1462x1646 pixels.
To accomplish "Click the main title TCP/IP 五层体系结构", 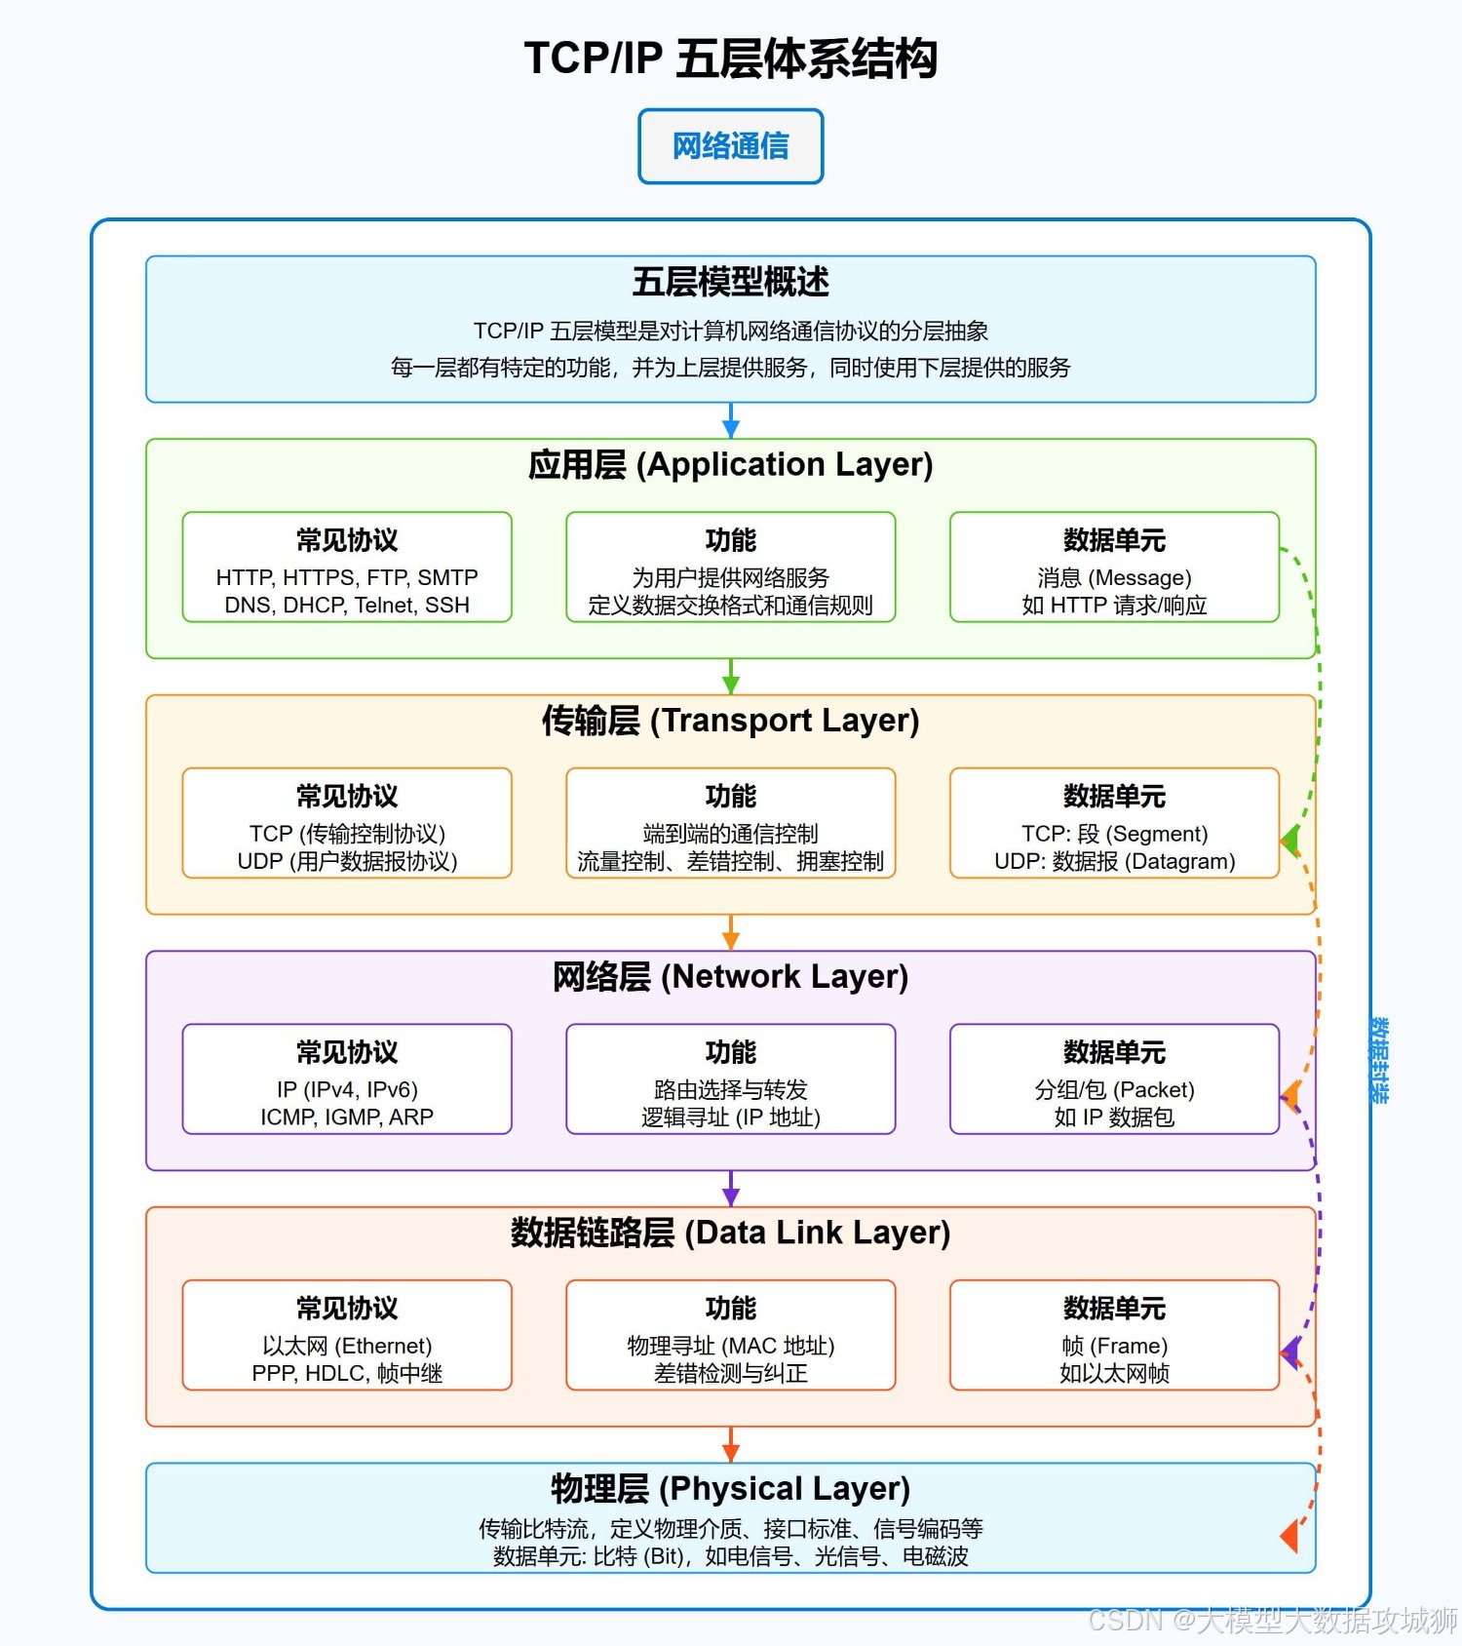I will [730, 59].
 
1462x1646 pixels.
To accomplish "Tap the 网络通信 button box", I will [730, 146].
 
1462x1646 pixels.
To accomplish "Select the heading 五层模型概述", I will [730, 282].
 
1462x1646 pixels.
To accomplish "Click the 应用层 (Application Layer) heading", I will [730, 464].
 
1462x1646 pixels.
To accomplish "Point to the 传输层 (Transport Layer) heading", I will [730, 721].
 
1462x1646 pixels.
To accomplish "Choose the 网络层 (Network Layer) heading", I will [730, 976].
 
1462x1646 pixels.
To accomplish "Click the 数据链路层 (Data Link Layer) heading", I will [730, 1233].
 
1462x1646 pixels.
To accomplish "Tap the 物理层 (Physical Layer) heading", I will [730, 1488].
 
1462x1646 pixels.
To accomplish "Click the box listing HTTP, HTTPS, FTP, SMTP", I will [347, 568].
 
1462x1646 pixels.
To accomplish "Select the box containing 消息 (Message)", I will [1114, 568].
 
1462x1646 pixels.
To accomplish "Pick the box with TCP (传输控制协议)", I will [347, 823].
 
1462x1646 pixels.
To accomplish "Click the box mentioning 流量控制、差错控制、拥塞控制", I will [730, 823].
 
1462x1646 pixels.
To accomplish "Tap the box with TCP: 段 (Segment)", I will [1114, 823].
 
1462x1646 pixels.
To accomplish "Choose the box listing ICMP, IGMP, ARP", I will [347, 1079].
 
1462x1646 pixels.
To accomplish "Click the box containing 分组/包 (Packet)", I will [1114, 1079].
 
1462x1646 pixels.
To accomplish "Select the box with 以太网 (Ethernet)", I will [347, 1335].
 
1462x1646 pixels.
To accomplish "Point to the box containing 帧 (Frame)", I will [1114, 1335].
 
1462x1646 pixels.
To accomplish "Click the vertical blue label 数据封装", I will [1379, 1060].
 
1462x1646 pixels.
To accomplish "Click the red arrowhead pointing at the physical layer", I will [1289, 1536].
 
